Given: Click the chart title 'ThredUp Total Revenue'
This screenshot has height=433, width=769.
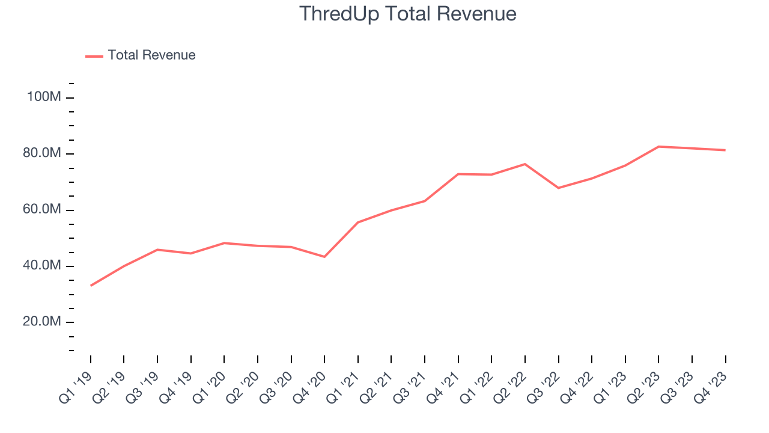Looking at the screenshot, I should click(x=407, y=14).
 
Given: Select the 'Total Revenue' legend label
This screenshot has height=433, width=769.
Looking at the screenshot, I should click(x=151, y=55).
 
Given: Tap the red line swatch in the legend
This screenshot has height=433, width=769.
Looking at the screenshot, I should click(x=94, y=56).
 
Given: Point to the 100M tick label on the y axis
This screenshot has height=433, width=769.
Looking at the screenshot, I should click(x=43, y=97).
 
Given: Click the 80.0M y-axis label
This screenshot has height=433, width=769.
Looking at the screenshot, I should click(x=43, y=153).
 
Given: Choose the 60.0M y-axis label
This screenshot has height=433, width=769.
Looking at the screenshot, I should click(x=43, y=210).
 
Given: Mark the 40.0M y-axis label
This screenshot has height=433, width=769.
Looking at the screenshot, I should click(x=43, y=266).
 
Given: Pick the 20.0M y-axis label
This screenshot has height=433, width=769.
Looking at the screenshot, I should click(x=43, y=322).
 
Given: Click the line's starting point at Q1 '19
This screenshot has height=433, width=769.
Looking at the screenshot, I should click(x=91, y=286).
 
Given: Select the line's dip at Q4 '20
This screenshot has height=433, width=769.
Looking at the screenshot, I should click(x=324, y=257).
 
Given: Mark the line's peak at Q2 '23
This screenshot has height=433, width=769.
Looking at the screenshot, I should click(x=658, y=146).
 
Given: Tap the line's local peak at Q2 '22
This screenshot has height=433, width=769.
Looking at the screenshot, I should click(x=525, y=164).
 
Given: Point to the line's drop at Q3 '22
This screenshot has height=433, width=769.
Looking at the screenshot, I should click(x=558, y=188).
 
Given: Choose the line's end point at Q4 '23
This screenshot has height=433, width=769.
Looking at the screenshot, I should click(x=725, y=150).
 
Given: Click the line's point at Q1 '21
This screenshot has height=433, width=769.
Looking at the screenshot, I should click(x=358, y=223).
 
